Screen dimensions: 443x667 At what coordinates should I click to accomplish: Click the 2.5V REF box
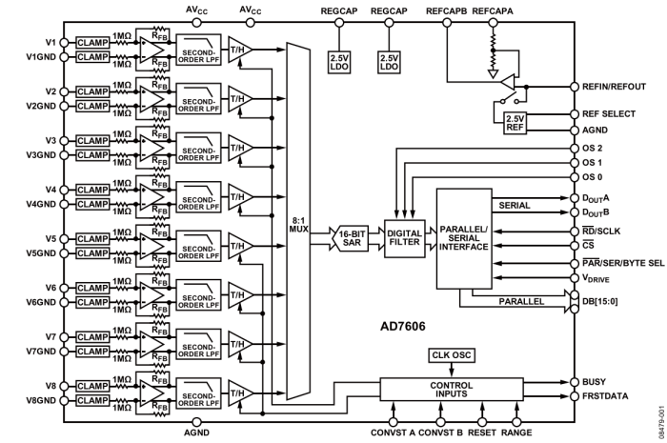click(520, 124)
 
